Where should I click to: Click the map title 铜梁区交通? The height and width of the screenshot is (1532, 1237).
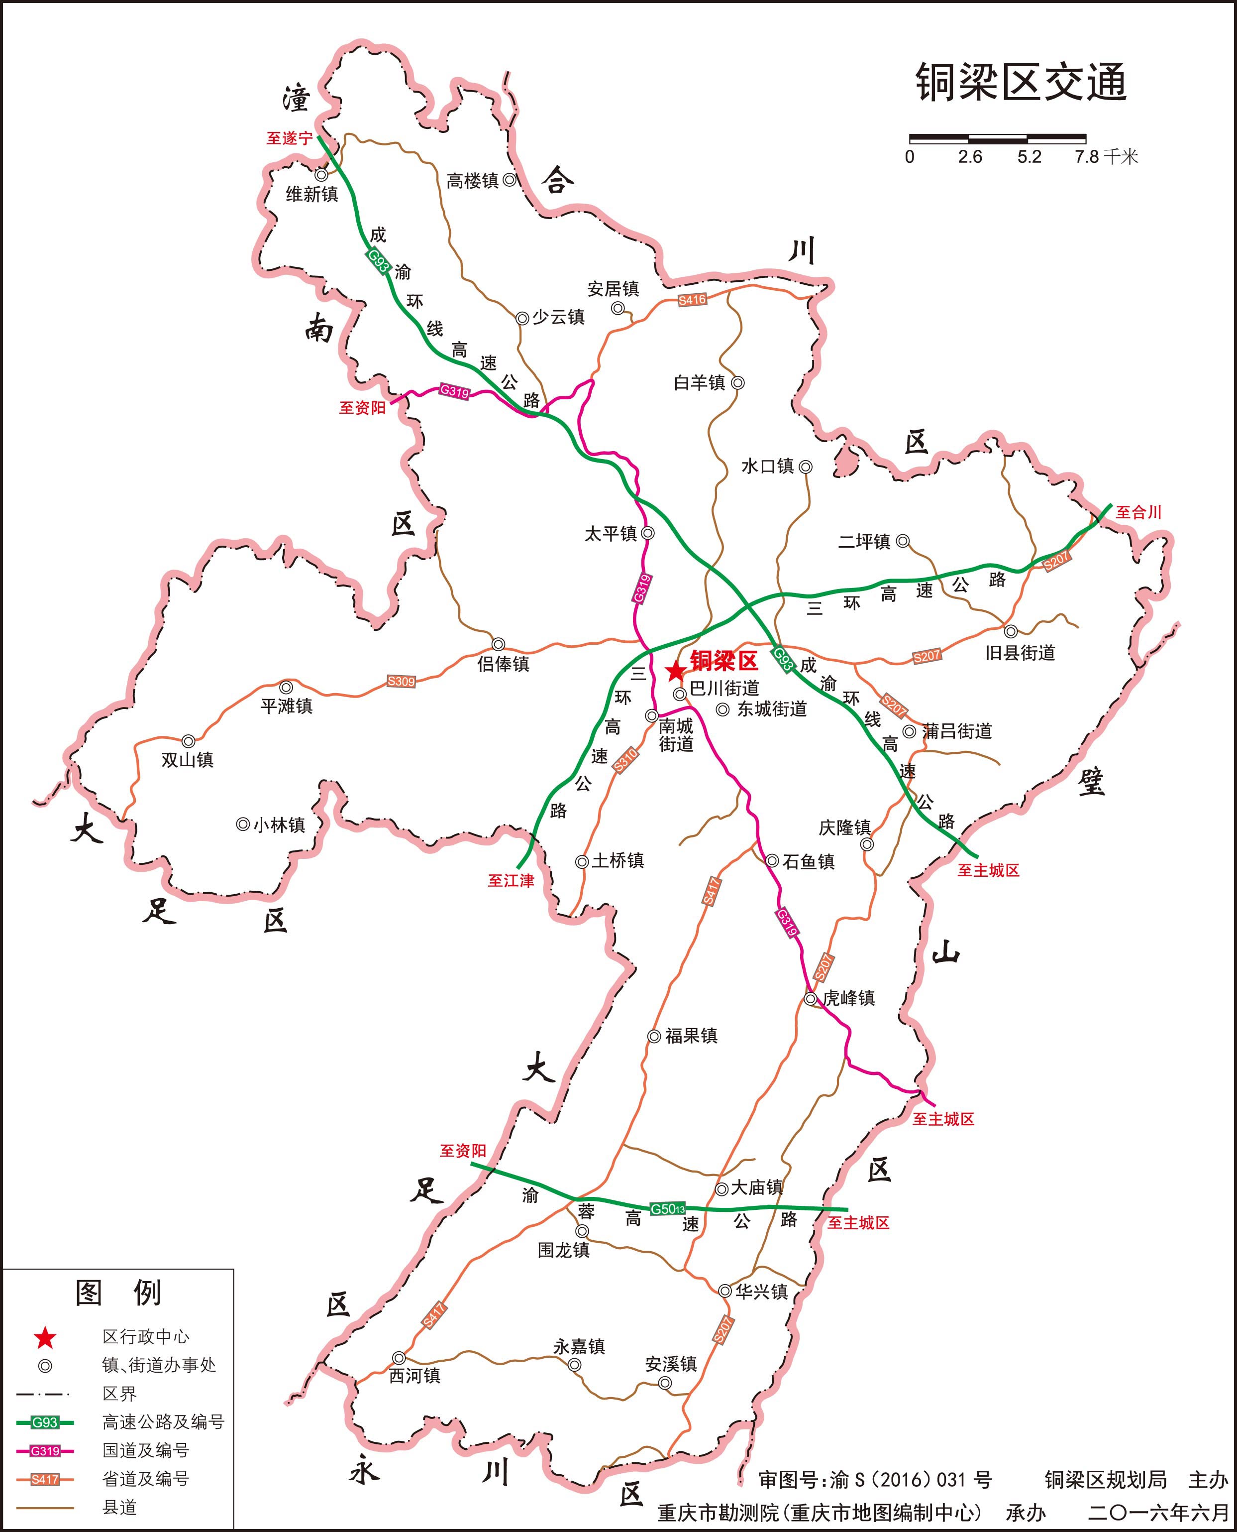tap(1021, 83)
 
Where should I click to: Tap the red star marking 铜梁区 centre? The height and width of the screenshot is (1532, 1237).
tap(674, 671)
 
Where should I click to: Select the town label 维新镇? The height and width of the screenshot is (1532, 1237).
tap(311, 194)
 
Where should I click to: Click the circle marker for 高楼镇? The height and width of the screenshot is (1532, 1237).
tap(510, 180)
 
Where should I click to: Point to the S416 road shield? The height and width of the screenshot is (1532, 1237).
tap(692, 300)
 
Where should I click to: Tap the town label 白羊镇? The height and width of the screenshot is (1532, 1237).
tap(699, 383)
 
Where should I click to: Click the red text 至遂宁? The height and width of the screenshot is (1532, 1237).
tap(289, 138)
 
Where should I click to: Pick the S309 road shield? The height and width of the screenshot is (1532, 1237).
tap(401, 682)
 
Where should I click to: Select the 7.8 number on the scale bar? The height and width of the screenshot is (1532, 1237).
tap(1087, 157)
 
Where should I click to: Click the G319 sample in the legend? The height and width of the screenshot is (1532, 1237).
tap(45, 1451)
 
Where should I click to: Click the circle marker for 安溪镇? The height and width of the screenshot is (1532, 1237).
tap(665, 1383)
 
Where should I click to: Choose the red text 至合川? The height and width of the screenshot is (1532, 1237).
tap(1138, 512)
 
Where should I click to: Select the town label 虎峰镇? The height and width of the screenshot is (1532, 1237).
tap(849, 998)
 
